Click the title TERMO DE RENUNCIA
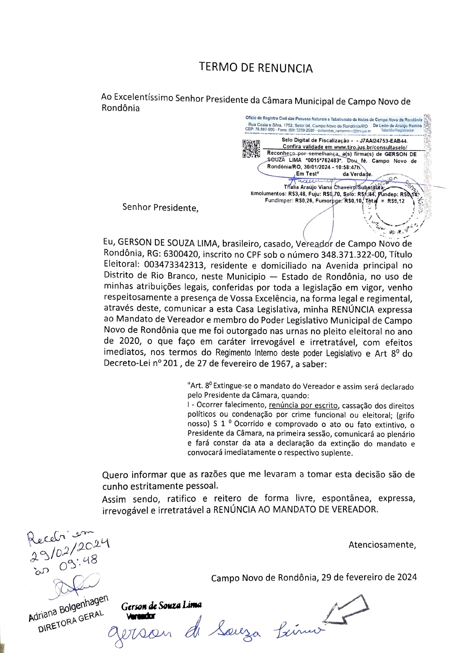(256, 68)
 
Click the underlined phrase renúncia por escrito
(303, 405)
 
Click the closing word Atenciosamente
(382, 545)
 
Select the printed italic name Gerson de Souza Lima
(161, 606)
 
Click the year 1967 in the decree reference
(278, 364)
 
